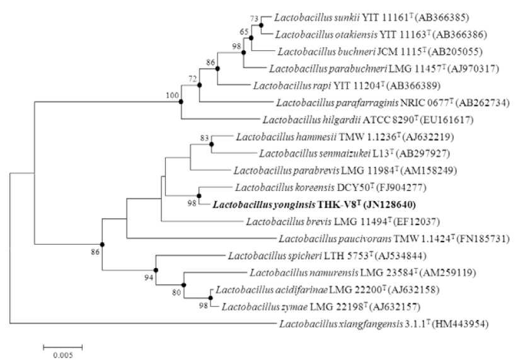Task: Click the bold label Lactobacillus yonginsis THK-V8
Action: (314, 205)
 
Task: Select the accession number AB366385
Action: (441, 18)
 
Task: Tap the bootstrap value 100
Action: (172, 96)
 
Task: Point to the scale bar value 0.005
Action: (63, 356)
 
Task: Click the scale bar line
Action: (63, 347)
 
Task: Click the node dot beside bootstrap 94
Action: (156, 270)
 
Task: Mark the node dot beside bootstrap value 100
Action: (181, 102)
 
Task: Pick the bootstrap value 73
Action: (254, 18)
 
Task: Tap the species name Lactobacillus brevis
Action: (289, 221)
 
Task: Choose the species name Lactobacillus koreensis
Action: (285, 188)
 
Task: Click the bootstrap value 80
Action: (176, 293)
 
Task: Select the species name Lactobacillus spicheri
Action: (275, 256)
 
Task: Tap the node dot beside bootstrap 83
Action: (212, 144)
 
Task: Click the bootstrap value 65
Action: (244, 32)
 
